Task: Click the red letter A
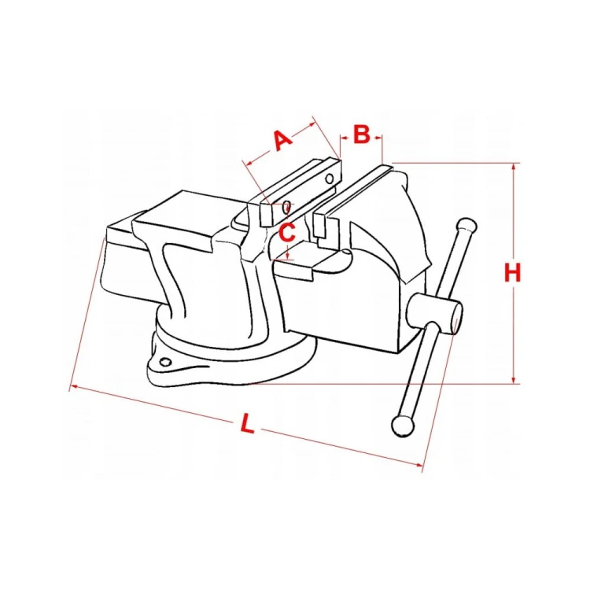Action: click(282, 140)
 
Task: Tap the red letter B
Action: click(362, 135)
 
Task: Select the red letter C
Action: click(287, 232)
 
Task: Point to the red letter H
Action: click(512, 273)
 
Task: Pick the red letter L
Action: click(247, 423)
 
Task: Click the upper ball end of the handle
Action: click(466, 227)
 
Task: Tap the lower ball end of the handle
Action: click(403, 426)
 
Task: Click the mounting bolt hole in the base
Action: click(165, 363)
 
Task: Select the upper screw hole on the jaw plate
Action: click(330, 179)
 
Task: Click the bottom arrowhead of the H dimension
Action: click(514, 380)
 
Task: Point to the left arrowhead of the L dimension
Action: click(74, 386)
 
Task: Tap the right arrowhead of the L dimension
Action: click(418, 465)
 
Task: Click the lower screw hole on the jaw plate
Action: click(286, 206)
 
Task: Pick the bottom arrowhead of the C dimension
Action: click(288, 256)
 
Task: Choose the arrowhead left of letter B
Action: click(343, 138)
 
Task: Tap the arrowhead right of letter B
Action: click(378, 138)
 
